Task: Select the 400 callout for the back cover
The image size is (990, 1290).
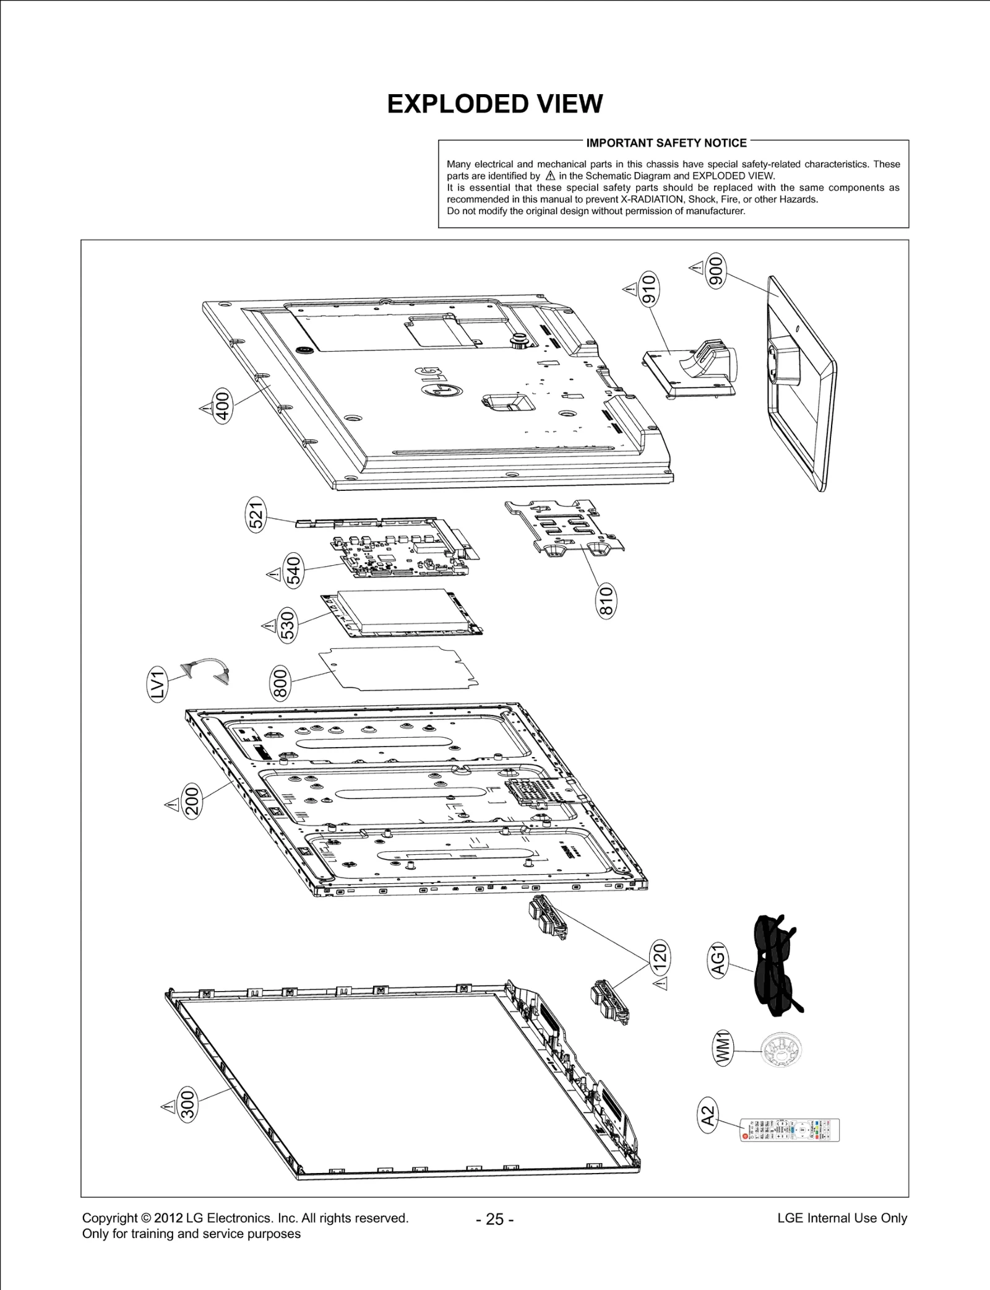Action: (x=223, y=405)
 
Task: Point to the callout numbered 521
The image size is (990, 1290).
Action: (x=256, y=514)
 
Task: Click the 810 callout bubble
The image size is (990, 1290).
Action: (x=607, y=601)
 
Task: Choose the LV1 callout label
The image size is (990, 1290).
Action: (x=158, y=685)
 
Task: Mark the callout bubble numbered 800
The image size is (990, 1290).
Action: (x=280, y=682)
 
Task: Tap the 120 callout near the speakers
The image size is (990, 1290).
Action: (x=660, y=957)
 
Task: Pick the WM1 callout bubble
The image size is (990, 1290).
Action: (x=723, y=1048)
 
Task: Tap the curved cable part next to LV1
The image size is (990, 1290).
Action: (x=205, y=670)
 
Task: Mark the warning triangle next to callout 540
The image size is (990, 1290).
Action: (x=273, y=574)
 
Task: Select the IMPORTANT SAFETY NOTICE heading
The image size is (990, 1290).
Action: (x=666, y=143)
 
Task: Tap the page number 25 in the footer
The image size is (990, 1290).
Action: (x=494, y=1219)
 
